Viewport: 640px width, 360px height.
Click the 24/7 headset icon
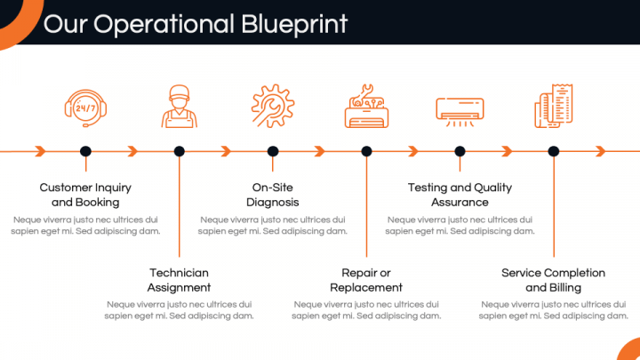point(85,108)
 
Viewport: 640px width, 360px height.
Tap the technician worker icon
point(180,106)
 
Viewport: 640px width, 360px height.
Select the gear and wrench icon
point(273,106)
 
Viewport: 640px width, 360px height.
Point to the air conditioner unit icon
point(460,111)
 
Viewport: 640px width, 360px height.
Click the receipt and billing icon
point(554,106)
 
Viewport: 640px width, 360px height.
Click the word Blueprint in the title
point(294,24)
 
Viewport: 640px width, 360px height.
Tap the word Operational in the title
point(164,24)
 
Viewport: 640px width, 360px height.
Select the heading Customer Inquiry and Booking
point(85,195)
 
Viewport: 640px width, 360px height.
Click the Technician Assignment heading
point(180,280)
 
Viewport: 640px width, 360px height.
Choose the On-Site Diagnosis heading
point(273,195)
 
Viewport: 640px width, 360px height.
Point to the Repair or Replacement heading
point(366,280)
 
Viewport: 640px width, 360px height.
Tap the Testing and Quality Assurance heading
point(460,195)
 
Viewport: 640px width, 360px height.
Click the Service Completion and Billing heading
point(554,280)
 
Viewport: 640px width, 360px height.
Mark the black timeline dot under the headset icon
point(85,151)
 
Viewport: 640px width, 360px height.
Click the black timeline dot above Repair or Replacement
point(366,151)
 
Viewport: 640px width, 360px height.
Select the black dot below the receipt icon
point(554,151)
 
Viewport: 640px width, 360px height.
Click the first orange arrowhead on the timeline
point(40,151)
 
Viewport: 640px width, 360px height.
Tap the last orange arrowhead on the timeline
point(600,151)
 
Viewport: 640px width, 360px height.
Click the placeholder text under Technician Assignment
point(180,310)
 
